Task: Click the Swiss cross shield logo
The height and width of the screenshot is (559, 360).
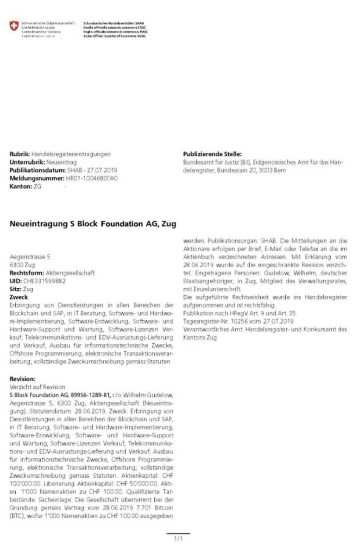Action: pos(14,27)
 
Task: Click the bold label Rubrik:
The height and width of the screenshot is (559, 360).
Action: pos(20,154)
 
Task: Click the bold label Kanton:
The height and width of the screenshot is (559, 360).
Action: pos(18,186)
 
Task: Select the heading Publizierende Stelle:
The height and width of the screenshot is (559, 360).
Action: pos(212,154)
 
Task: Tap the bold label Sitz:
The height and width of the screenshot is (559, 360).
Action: pos(15,289)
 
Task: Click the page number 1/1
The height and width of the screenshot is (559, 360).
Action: pos(178,539)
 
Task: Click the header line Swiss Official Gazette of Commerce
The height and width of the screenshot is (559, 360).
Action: pos(114,36)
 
